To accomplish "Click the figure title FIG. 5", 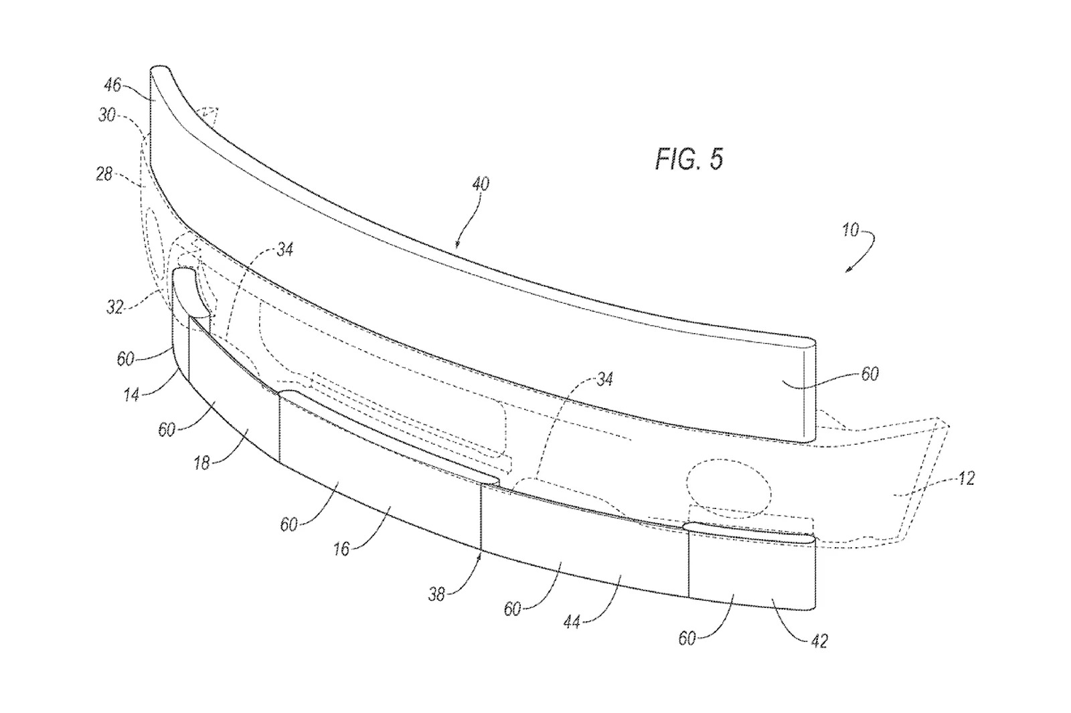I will pyautogui.click(x=689, y=159).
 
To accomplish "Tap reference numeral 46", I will pyautogui.click(x=112, y=85).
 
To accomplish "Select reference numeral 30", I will pyautogui.click(x=107, y=115).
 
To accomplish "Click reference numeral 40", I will pyautogui.click(x=481, y=183).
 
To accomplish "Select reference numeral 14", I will pyautogui.click(x=131, y=395).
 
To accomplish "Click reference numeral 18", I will pyautogui.click(x=201, y=462).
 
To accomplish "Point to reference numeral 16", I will pyautogui.click(x=341, y=548).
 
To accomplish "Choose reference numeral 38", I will pyautogui.click(x=436, y=593).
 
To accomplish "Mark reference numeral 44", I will pyautogui.click(x=571, y=621).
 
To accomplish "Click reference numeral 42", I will pyautogui.click(x=819, y=641).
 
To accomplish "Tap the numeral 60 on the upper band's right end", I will pyautogui.click(x=870, y=373).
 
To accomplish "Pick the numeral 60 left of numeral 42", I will pyautogui.click(x=687, y=639).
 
